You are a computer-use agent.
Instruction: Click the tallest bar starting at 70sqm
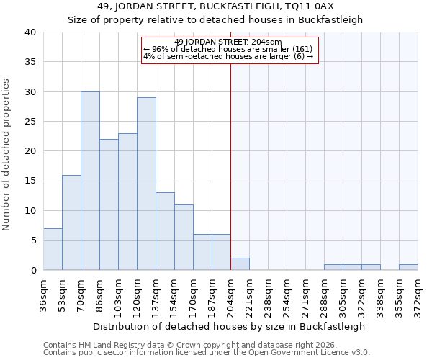(x=90, y=181)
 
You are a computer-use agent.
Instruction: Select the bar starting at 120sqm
(x=146, y=184)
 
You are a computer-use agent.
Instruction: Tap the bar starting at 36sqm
(x=53, y=249)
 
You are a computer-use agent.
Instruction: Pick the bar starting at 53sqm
(x=71, y=222)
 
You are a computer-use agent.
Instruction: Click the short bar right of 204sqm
(x=240, y=264)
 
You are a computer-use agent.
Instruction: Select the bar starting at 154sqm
(x=184, y=238)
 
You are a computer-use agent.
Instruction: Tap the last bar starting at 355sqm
(x=408, y=267)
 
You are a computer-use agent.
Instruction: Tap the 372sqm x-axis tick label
(x=418, y=294)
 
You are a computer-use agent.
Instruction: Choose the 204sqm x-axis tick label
(x=230, y=294)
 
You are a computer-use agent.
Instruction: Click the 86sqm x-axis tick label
(x=99, y=294)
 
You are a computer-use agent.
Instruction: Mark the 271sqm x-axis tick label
(x=305, y=294)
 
